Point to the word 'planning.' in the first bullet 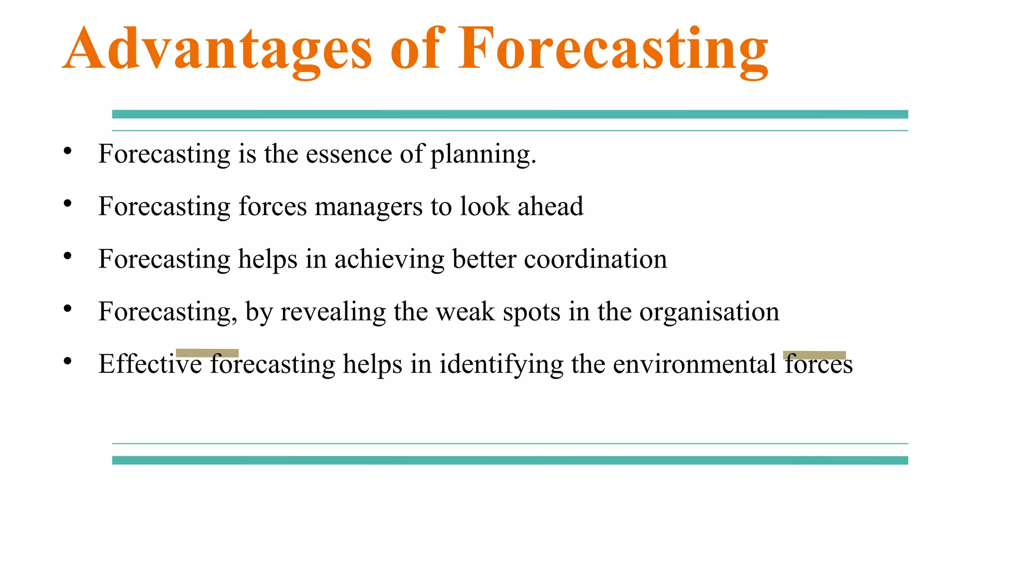[x=483, y=155]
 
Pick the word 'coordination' [x=595, y=259]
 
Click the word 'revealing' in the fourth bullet [x=333, y=312]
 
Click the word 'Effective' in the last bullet [x=150, y=364]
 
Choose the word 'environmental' [x=694, y=364]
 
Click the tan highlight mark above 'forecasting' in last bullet [x=207, y=353]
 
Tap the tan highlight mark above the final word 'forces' [x=814, y=355]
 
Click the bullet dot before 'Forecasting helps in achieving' [x=68, y=257]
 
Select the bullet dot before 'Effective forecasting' [x=68, y=361]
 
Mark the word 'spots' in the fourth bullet [x=531, y=312]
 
